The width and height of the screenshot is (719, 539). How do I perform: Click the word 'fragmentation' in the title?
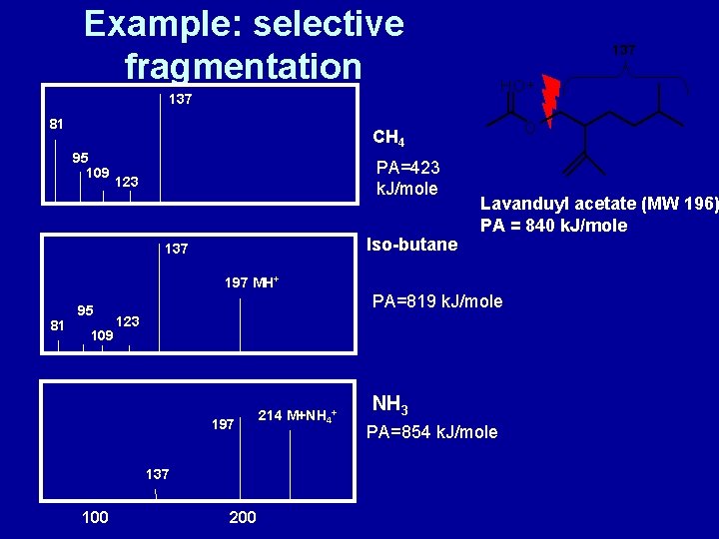243,66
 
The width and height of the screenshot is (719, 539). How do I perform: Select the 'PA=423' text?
406,167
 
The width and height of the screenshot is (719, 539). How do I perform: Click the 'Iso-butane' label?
412,245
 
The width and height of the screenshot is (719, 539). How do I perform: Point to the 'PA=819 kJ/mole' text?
437,301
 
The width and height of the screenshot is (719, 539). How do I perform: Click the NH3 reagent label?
387,405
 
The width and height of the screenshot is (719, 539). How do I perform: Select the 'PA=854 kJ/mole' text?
431,432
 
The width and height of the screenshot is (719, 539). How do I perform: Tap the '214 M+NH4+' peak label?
298,415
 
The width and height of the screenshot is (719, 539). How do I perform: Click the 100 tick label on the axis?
94,517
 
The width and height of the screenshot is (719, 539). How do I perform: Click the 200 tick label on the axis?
243,517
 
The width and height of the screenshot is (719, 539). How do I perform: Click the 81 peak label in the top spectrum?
58,124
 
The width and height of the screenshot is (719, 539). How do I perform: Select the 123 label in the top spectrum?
127,183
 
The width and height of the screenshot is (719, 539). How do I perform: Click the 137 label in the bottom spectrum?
157,474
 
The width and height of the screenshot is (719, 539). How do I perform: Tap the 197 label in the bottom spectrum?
223,425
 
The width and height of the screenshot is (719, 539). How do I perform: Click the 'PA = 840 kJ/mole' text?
553,226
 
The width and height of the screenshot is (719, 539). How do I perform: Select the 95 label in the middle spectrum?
86,310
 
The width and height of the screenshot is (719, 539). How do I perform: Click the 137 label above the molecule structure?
623,49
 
